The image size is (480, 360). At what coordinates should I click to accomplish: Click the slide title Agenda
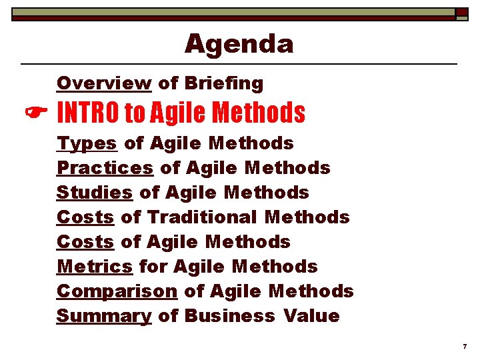239,44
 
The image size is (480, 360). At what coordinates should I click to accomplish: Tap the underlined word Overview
104,83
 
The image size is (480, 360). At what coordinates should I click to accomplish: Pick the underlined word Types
87,143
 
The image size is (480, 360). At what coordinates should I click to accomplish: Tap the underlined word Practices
105,168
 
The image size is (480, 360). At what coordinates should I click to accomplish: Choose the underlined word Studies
95,193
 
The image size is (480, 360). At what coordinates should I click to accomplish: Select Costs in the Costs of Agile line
85,242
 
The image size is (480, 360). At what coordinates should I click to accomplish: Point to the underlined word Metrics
95,267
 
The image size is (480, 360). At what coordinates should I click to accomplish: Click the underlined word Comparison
117,291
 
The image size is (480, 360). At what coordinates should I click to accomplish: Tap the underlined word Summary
104,316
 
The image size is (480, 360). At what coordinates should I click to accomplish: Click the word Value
311,316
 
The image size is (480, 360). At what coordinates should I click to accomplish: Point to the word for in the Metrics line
153,267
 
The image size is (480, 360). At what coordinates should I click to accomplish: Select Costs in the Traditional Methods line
85,217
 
